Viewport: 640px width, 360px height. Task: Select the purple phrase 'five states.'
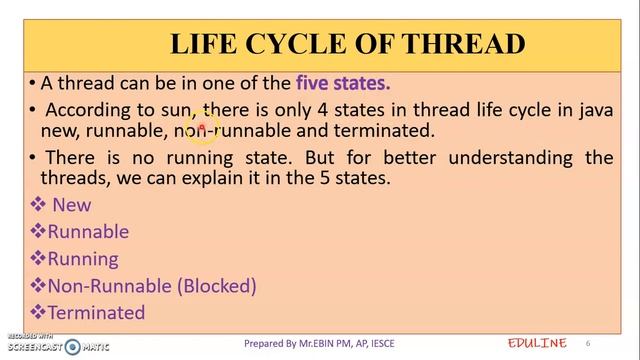pyautogui.click(x=342, y=84)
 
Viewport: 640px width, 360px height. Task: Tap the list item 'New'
pyautogui.click(x=72, y=205)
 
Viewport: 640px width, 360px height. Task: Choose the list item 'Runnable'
pyautogui.click(x=88, y=232)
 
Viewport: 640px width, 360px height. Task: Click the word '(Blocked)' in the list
pyautogui.click(x=217, y=286)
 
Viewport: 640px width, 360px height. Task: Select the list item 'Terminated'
pyautogui.click(x=96, y=313)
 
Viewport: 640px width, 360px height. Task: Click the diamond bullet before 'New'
pyautogui.click(x=39, y=205)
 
